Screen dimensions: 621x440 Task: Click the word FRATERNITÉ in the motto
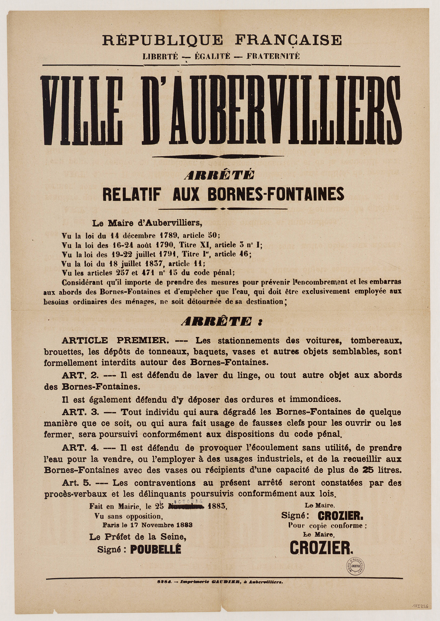pos(273,56)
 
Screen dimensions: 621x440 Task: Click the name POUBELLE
pos(155,550)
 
